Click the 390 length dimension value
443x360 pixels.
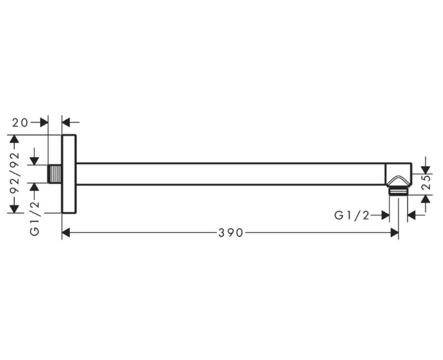tap(230, 233)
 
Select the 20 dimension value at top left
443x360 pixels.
tap(20, 122)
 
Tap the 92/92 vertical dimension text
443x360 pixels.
tap(14, 173)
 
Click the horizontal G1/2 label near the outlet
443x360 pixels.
tap(352, 215)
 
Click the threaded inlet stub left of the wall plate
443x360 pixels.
tap(55, 173)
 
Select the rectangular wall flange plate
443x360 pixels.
tap(69, 174)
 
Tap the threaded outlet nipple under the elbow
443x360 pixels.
tap(398, 191)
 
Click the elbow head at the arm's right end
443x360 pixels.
tap(399, 174)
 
